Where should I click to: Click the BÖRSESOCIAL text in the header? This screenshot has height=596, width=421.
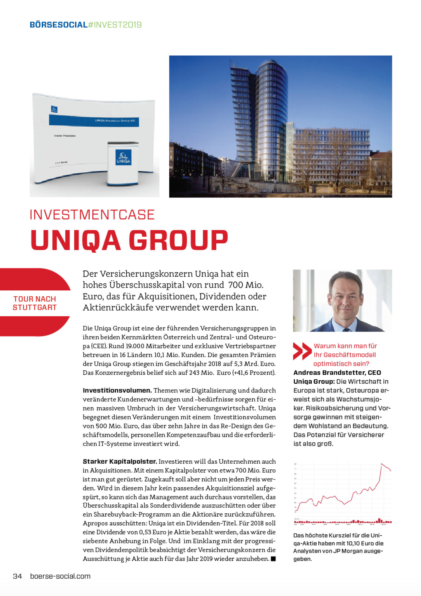[x=58, y=25]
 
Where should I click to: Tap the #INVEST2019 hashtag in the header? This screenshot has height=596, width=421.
[x=115, y=25]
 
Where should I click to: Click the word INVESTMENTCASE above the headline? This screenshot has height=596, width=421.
[x=92, y=215]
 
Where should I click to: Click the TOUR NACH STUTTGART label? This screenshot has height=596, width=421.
[x=35, y=303]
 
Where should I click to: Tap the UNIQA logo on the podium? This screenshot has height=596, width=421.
[x=123, y=158]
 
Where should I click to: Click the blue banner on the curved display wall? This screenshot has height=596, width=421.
[x=94, y=121]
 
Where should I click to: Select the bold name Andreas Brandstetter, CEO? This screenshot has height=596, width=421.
[x=337, y=373]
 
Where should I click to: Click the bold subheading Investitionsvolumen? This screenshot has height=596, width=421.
[x=117, y=390]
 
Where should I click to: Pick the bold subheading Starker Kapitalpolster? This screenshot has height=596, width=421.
[x=120, y=461]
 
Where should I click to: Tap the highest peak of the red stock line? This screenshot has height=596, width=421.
[x=382, y=464]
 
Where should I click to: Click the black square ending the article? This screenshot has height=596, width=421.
[x=273, y=559]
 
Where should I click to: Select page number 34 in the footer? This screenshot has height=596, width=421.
[x=17, y=576]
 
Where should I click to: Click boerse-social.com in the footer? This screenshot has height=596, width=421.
[x=60, y=576]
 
